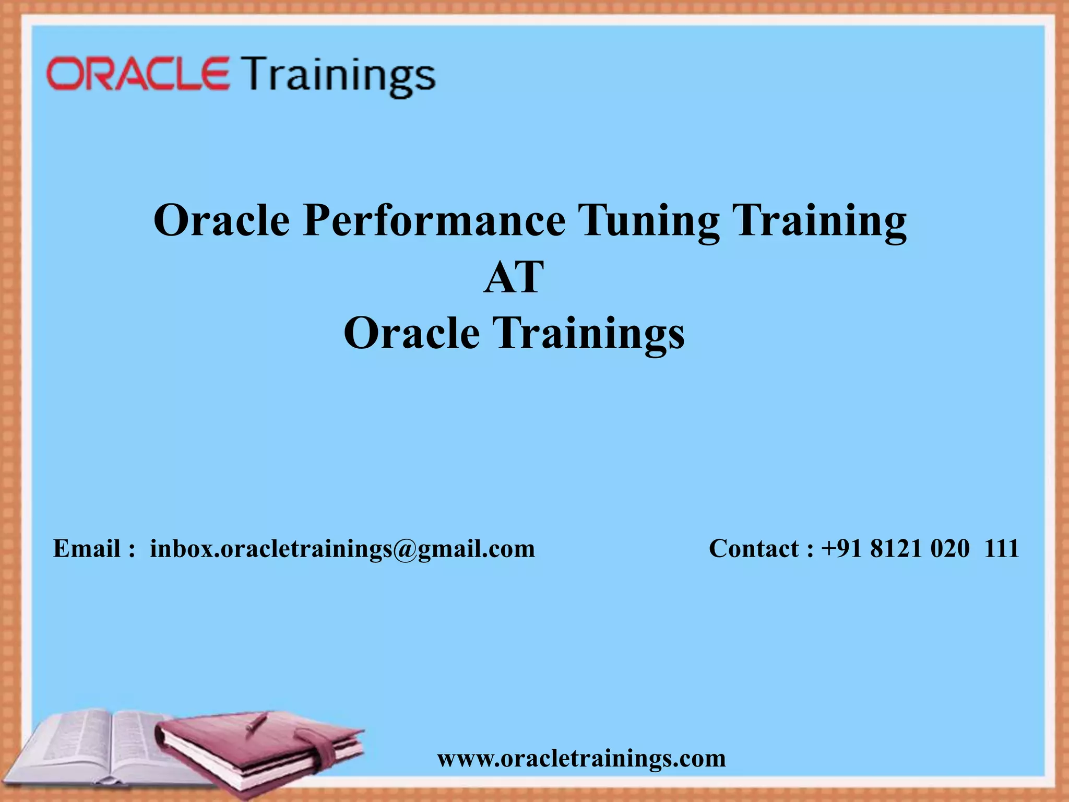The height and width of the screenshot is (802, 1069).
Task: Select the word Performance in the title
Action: [434, 220]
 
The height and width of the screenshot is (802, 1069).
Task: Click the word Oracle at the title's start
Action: [221, 220]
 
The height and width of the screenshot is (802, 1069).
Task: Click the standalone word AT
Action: [514, 277]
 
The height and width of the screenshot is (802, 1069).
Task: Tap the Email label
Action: [88, 548]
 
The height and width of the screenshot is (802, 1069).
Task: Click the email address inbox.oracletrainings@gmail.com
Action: [342, 549]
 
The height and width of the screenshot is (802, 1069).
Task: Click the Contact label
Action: [754, 548]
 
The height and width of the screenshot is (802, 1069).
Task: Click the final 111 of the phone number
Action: [1002, 548]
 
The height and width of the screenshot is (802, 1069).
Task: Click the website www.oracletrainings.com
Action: [581, 758]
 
